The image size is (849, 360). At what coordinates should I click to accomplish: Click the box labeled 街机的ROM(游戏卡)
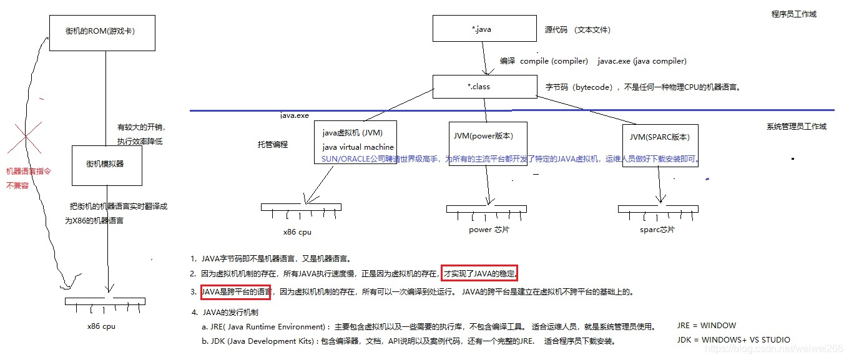coord(102,34)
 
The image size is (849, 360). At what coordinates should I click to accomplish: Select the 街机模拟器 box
coord(107,165)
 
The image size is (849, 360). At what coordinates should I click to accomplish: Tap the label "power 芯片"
coord(489,230)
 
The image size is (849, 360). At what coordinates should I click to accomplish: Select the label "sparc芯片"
coord(657,229)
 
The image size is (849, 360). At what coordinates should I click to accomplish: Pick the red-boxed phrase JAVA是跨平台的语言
coord(236,291)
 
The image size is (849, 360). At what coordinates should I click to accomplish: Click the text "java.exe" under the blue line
coord(294,116)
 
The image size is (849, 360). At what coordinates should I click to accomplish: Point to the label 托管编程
coord(273,144)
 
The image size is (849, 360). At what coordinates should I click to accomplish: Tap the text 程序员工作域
coord(793,14)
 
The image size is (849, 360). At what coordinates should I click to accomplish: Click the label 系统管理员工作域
coord(796,127)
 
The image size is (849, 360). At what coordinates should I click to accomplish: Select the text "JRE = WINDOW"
coord(706,326)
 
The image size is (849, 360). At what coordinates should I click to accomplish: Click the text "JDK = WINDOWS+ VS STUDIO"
coord(734,340)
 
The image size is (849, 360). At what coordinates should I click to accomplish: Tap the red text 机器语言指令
coord(28,171)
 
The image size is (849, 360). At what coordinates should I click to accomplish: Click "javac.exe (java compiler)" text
coord(642,61)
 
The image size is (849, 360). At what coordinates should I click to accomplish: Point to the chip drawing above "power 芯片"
coord(486,210)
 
